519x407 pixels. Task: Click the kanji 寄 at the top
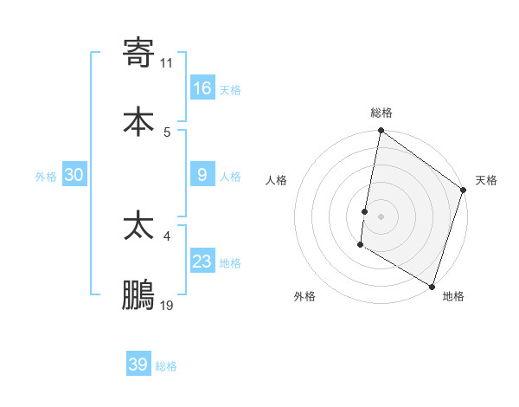138,53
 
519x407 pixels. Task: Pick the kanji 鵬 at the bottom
138,295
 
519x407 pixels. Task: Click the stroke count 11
167,62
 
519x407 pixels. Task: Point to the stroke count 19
167,305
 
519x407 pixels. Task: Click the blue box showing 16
202,88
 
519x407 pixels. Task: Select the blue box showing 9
202,175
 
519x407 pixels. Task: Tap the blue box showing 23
202,262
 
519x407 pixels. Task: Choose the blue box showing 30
74,175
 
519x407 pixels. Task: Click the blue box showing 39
138,365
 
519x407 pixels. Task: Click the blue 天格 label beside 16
230,90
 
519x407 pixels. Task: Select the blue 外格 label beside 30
46,177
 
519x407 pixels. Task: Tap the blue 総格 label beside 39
166,366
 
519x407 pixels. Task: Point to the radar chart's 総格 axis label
381,113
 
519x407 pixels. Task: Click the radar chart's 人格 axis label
277,180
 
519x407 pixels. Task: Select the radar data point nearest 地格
432,286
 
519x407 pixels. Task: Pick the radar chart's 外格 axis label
304,296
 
